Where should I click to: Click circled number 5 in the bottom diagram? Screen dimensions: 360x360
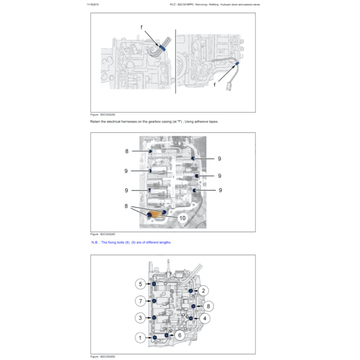[140, 283]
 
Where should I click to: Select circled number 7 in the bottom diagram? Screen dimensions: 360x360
[140, 301]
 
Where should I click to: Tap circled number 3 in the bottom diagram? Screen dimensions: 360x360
[140, 318]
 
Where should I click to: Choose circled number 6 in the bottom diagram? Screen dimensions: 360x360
[179, 335]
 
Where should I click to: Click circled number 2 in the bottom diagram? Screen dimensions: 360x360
[203, 290]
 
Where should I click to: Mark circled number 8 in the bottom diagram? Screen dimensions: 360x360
[208, 306]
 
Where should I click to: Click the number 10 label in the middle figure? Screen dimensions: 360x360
[182, 218]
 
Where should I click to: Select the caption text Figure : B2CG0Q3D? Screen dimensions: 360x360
[103, 115]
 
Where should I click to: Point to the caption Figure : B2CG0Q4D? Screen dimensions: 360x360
[103, 234]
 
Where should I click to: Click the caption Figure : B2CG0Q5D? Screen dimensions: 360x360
[103, 356]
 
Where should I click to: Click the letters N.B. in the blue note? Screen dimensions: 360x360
[95, 242]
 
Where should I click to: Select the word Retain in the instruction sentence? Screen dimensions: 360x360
[95, 122]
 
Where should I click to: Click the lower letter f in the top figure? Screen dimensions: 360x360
[215, 85]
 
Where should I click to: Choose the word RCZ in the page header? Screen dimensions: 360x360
[172, 5]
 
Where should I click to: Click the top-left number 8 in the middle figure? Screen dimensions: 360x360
[127, 151]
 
